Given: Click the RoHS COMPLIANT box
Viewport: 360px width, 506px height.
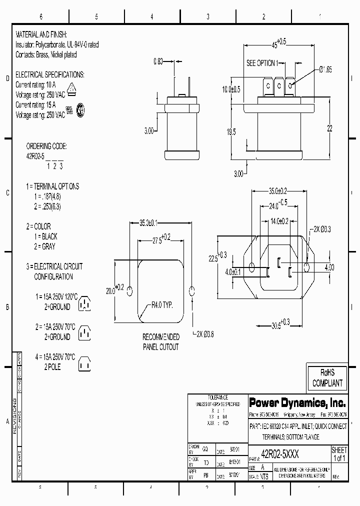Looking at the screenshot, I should pos(327,378).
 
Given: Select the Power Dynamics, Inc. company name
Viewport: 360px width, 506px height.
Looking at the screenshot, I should pos(297,402).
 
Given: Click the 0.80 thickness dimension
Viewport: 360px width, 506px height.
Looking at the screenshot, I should pos(157,62).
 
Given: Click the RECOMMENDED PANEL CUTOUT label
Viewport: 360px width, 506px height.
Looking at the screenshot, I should pos(160,342).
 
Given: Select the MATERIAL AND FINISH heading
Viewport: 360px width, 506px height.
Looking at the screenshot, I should pos(45,34).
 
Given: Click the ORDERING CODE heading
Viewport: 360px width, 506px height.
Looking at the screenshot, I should pos(46,146).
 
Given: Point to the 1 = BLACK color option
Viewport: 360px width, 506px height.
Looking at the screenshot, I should pos(45,236).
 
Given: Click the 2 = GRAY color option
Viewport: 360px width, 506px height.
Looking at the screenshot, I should pos(44,246).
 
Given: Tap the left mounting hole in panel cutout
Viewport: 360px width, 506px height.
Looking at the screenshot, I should pos(130,291).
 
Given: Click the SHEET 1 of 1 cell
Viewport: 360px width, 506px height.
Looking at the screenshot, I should pos(339,454).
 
